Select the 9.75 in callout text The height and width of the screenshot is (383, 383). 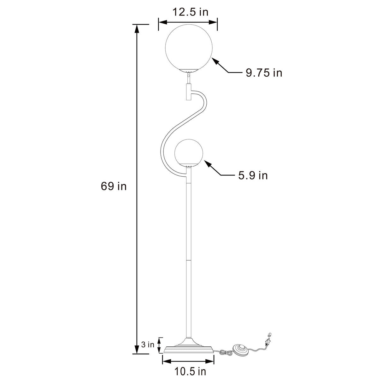point(264,73)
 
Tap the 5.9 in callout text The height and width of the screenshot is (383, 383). point(253,175)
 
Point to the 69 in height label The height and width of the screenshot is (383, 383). point(114,186)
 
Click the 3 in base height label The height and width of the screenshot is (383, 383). point(148,345)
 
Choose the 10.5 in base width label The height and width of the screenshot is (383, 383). point(190,372)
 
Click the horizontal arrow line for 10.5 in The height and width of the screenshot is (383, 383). point(188,362)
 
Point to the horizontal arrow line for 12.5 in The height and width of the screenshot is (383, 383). point(188,22)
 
